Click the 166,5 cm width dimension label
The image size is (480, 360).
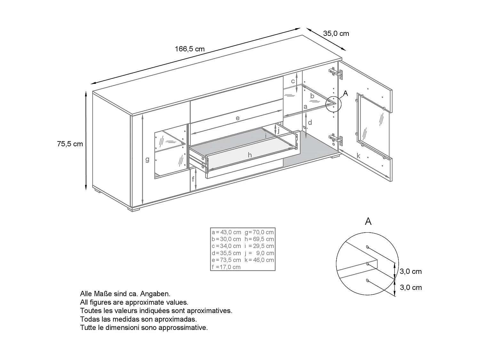tap(189, 49)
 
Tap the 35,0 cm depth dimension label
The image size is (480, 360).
tap(336, 34)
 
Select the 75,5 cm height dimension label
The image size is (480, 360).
tap(70, 144)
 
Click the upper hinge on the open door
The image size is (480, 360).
tap(336, 73)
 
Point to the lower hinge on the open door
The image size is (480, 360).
tap(336, 139)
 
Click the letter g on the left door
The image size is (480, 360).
tap(147, 159)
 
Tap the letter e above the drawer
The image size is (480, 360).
tap(237, 118)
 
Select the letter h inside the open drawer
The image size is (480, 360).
tap(250, 155)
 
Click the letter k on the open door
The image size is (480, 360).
tap(358, 156)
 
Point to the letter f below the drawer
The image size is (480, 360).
tap(193, 179)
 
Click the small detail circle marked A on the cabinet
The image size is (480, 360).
tap(333, 104)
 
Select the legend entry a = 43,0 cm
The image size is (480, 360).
tap(226, 232)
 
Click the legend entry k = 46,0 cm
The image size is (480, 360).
tap(259, 260)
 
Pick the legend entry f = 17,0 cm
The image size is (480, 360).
tap(226, 267)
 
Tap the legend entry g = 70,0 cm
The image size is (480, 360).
tap(259, 232)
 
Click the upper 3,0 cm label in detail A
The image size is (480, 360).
tap(411, 271)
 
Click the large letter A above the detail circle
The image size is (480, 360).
tap(368, 221)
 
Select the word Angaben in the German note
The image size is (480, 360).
tap(158, 293)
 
